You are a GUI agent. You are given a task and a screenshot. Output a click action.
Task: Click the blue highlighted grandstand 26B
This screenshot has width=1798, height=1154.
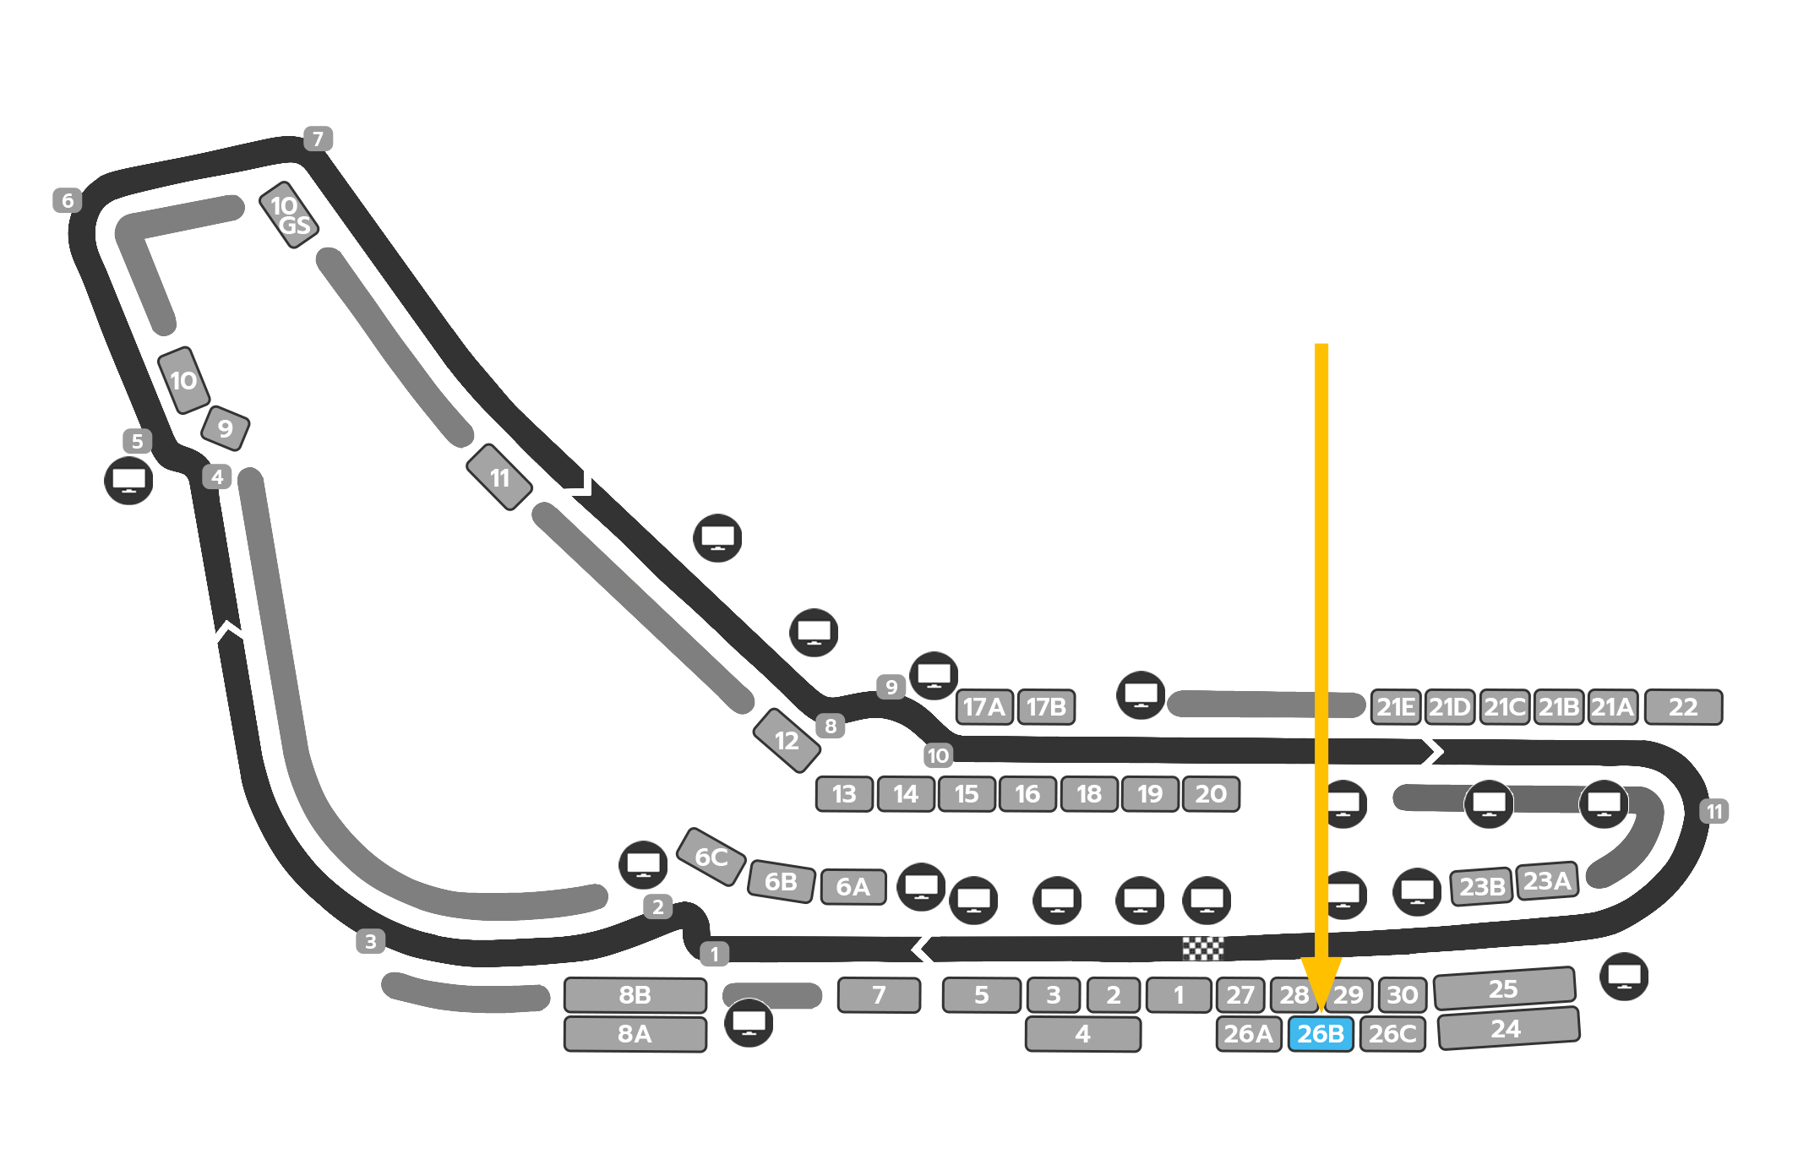(1320, 1034)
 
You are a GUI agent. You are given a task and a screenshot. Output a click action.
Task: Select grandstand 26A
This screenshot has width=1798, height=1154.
(1248, 1034)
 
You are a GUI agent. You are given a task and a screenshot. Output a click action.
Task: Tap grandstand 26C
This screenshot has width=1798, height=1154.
(1392, 1034)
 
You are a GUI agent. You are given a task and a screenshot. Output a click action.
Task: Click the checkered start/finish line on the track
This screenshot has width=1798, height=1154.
(1202, 949)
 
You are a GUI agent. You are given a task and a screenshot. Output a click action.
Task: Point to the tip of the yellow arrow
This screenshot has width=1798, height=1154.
(1321, 1010)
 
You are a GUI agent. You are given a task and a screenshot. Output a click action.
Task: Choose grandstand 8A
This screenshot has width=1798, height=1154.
(635, 1034)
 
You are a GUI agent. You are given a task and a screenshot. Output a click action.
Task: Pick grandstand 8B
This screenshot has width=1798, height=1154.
(635, 995)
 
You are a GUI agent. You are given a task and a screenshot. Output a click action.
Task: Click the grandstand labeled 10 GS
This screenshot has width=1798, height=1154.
(289, 215)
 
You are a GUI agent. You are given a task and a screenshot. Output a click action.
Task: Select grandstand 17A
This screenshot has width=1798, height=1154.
(984, 707)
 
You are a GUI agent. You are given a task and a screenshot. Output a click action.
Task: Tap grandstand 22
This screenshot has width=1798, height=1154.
(1683, 707)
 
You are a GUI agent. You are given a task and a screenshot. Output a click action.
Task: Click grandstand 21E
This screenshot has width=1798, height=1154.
(1396, 707)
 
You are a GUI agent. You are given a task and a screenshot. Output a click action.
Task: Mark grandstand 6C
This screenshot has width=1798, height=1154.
(711, 857)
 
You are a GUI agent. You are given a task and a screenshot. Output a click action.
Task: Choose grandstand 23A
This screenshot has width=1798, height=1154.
(1547, 881)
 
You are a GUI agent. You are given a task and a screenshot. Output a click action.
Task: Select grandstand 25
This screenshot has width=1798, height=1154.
(1504, 988)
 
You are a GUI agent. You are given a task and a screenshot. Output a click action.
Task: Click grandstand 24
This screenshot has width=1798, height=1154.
(1507, 1029)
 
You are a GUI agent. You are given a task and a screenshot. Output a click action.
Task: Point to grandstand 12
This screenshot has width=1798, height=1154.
(787, 741)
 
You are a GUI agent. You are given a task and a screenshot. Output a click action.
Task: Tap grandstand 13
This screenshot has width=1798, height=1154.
(844, 794)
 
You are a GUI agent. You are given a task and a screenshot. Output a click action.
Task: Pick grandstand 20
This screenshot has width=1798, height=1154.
(1211, 794)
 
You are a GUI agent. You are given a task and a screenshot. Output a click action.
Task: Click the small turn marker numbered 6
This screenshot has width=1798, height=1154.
(68, 201)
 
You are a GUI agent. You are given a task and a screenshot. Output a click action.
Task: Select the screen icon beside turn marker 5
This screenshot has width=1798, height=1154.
(128, 481)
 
